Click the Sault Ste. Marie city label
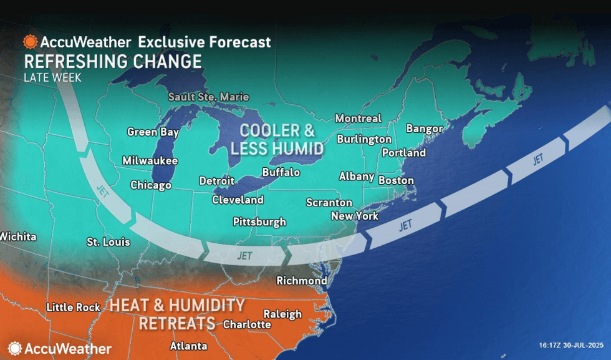tap(208, 97)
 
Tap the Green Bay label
tap(153, 132)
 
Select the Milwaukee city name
tap(150, 160)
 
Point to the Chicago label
tap(151, 185)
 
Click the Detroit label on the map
tap(216, 181)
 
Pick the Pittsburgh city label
tap(259, 222)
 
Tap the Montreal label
tap(358, 119)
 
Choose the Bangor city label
tap(424, 129)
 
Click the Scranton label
tap(329, 203)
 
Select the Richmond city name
tap(302, 281)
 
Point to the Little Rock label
tap(74, 308)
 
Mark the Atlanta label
tap(188, 346)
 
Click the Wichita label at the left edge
tap(18, 237)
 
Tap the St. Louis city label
tap(108, 241)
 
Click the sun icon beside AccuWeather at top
tap(30, 42)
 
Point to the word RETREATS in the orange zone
tap(177, 324)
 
